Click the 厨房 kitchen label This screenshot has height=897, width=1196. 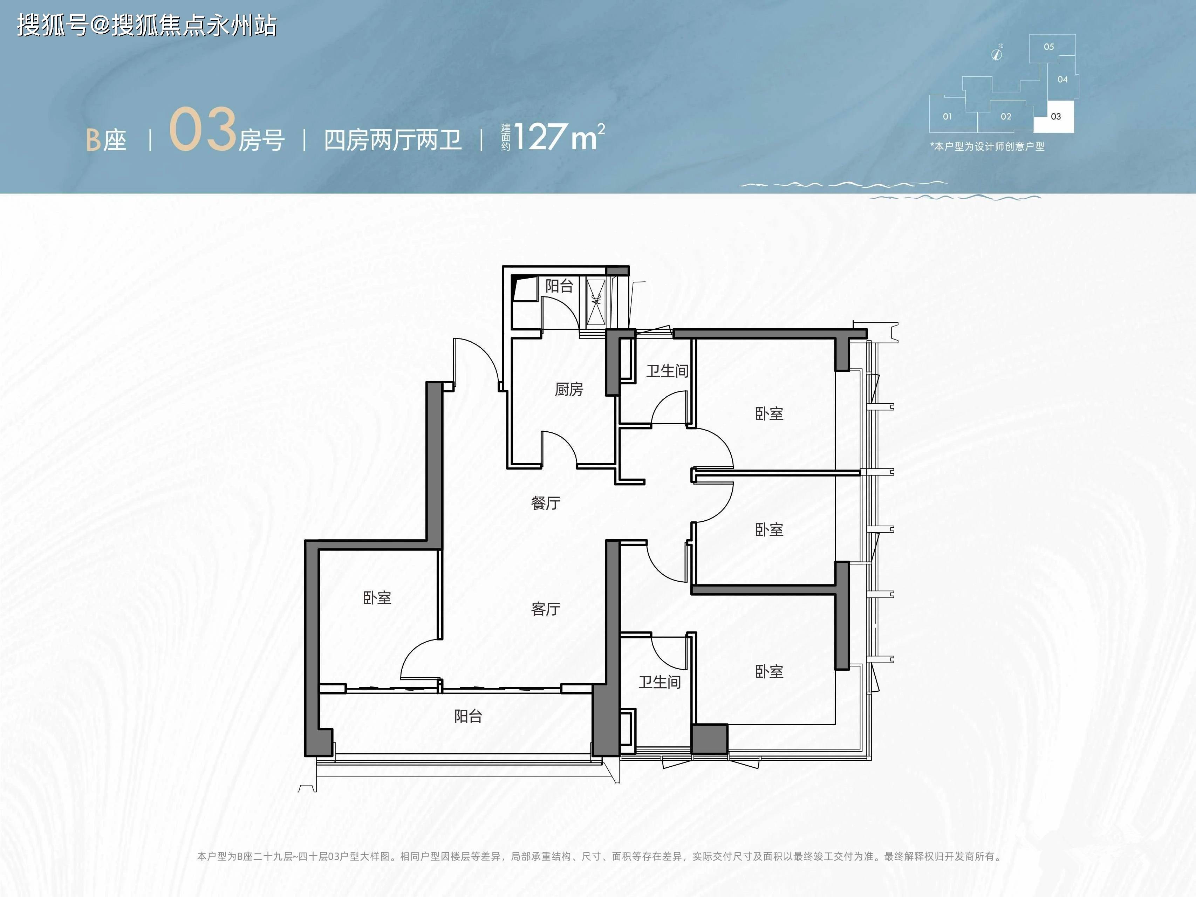coord(569,389)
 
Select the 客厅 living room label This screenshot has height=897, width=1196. coord(546,609)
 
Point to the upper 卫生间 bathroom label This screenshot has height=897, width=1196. coord(667,371)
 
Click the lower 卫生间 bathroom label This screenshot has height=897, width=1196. coord(659,682)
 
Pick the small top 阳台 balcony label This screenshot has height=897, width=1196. coord(559,286)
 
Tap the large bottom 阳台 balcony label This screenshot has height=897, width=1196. coord(468,717)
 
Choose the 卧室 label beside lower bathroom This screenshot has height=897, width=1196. coord(769,672)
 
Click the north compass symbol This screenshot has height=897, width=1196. coord(997,53)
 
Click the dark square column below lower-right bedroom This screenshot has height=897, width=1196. coord(709,739)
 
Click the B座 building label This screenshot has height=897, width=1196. coord(107,141)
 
